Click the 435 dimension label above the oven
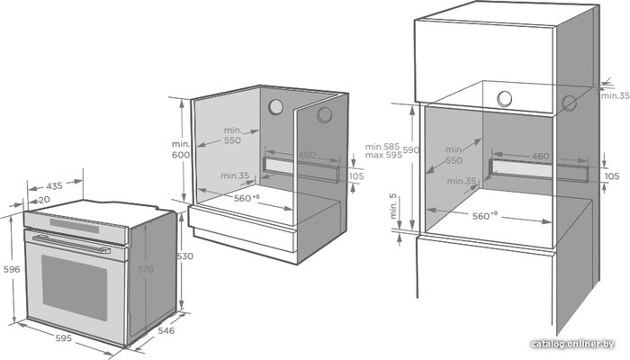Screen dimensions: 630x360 pyautogui.click(x=54, y=186)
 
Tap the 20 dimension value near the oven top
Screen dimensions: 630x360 pyautogui.click(x=45, y=199)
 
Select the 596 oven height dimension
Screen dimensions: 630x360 pyautogui.click(x=12, y=269)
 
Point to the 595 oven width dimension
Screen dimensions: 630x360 pyautogui.click(x=64, y=338)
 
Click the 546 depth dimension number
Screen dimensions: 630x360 pyautogui.click(x=166, y=330)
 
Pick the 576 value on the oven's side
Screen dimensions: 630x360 pyautogui.click(x=146, y=269)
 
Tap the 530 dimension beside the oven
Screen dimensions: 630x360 pyautogui.click(x=184, y=256)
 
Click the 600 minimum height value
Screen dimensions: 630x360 pyautogui.click(x=181, y=155)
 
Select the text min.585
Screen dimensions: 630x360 pyautogui.click(x=382, y=147)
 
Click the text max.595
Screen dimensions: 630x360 pyautogui.click(x=383, y=155)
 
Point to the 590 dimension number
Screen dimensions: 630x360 pyautogui.click(x=411, y=150)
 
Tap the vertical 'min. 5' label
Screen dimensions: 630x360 pyautogui.click(x=392, y=206)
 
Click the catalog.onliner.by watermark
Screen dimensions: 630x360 pyautogui.click(x=572, y=344)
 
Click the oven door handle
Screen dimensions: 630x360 pyautogui.click(x=71, y=245)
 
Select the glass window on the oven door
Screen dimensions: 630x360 pyautogui.click(x=75, y=288)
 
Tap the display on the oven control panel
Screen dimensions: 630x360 pyautogui.click(x=75, y=225)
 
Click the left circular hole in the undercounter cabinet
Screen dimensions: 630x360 pyautogui.click(x=275, y=107)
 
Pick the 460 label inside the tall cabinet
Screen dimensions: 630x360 pyautogui.click(x=540, y=156)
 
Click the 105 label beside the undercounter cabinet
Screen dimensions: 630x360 pyautogui.click(x=356, y=175)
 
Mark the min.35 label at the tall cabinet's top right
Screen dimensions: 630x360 pyautogui.click(x=615, y=95)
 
